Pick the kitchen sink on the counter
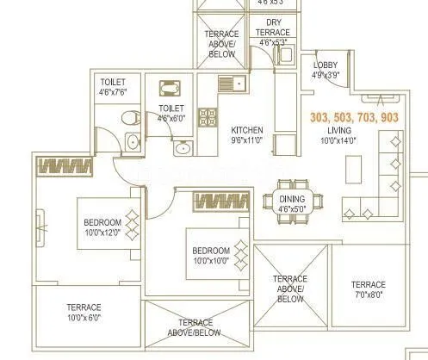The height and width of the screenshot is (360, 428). tap(229, 84)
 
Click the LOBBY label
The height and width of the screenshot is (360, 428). tap(325, 65)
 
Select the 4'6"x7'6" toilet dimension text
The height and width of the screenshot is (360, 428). tap(115, 90)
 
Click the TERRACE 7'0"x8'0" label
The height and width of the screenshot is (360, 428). tap(368, 290)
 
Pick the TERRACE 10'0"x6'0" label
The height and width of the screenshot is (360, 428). tap(84, 312)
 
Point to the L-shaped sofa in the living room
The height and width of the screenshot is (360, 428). tap(383, 185)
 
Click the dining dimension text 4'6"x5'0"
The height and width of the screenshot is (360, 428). tap(288, 207)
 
